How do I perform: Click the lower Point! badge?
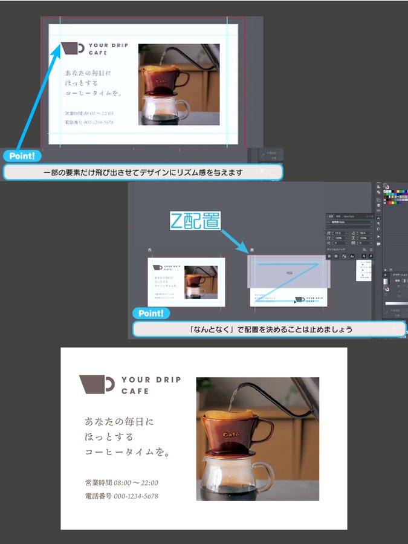[x=151, y=313]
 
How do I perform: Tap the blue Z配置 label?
[x=194, y=220]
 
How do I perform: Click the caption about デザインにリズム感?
[x=143, y=173]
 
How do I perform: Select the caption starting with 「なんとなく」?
[x=269, y=330]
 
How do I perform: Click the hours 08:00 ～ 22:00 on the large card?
[x=136, y=483]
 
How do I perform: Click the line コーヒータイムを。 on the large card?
[x=128, y=452]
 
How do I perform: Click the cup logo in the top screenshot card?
[x=73, y=48]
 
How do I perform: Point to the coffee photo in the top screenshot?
[x=179, y=84]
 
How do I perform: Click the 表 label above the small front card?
[x=150, y=249]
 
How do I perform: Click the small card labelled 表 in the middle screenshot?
[x=186, y=282]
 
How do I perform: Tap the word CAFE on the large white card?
[x=135, y=392]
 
